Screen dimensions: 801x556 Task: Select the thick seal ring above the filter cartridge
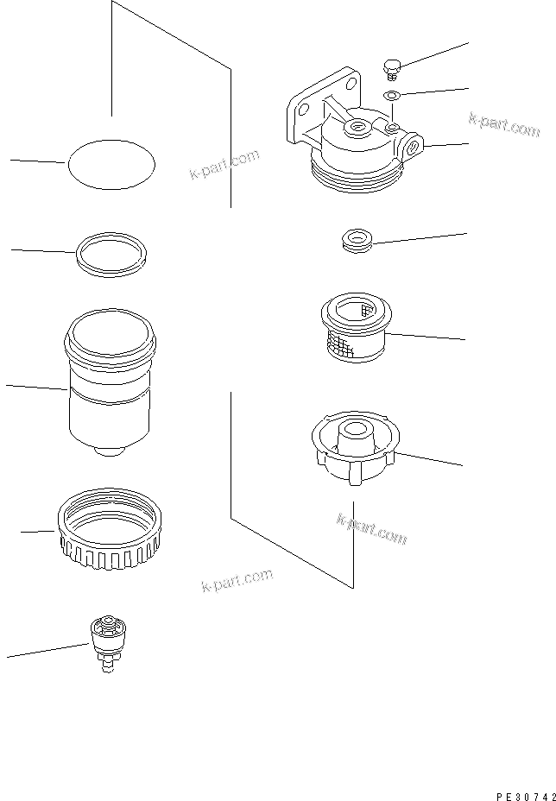(x=111, y=254)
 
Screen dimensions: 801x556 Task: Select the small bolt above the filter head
(x=391, y=66)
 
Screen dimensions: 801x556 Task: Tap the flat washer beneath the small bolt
(x=391, y=94)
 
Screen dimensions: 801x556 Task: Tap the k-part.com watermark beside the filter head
(x=504, y=124)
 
